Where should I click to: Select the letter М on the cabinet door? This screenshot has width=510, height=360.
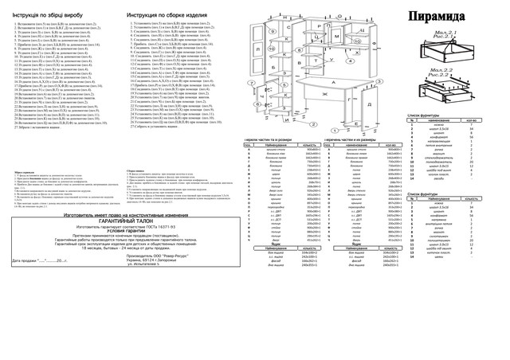(x=337, y=35)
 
